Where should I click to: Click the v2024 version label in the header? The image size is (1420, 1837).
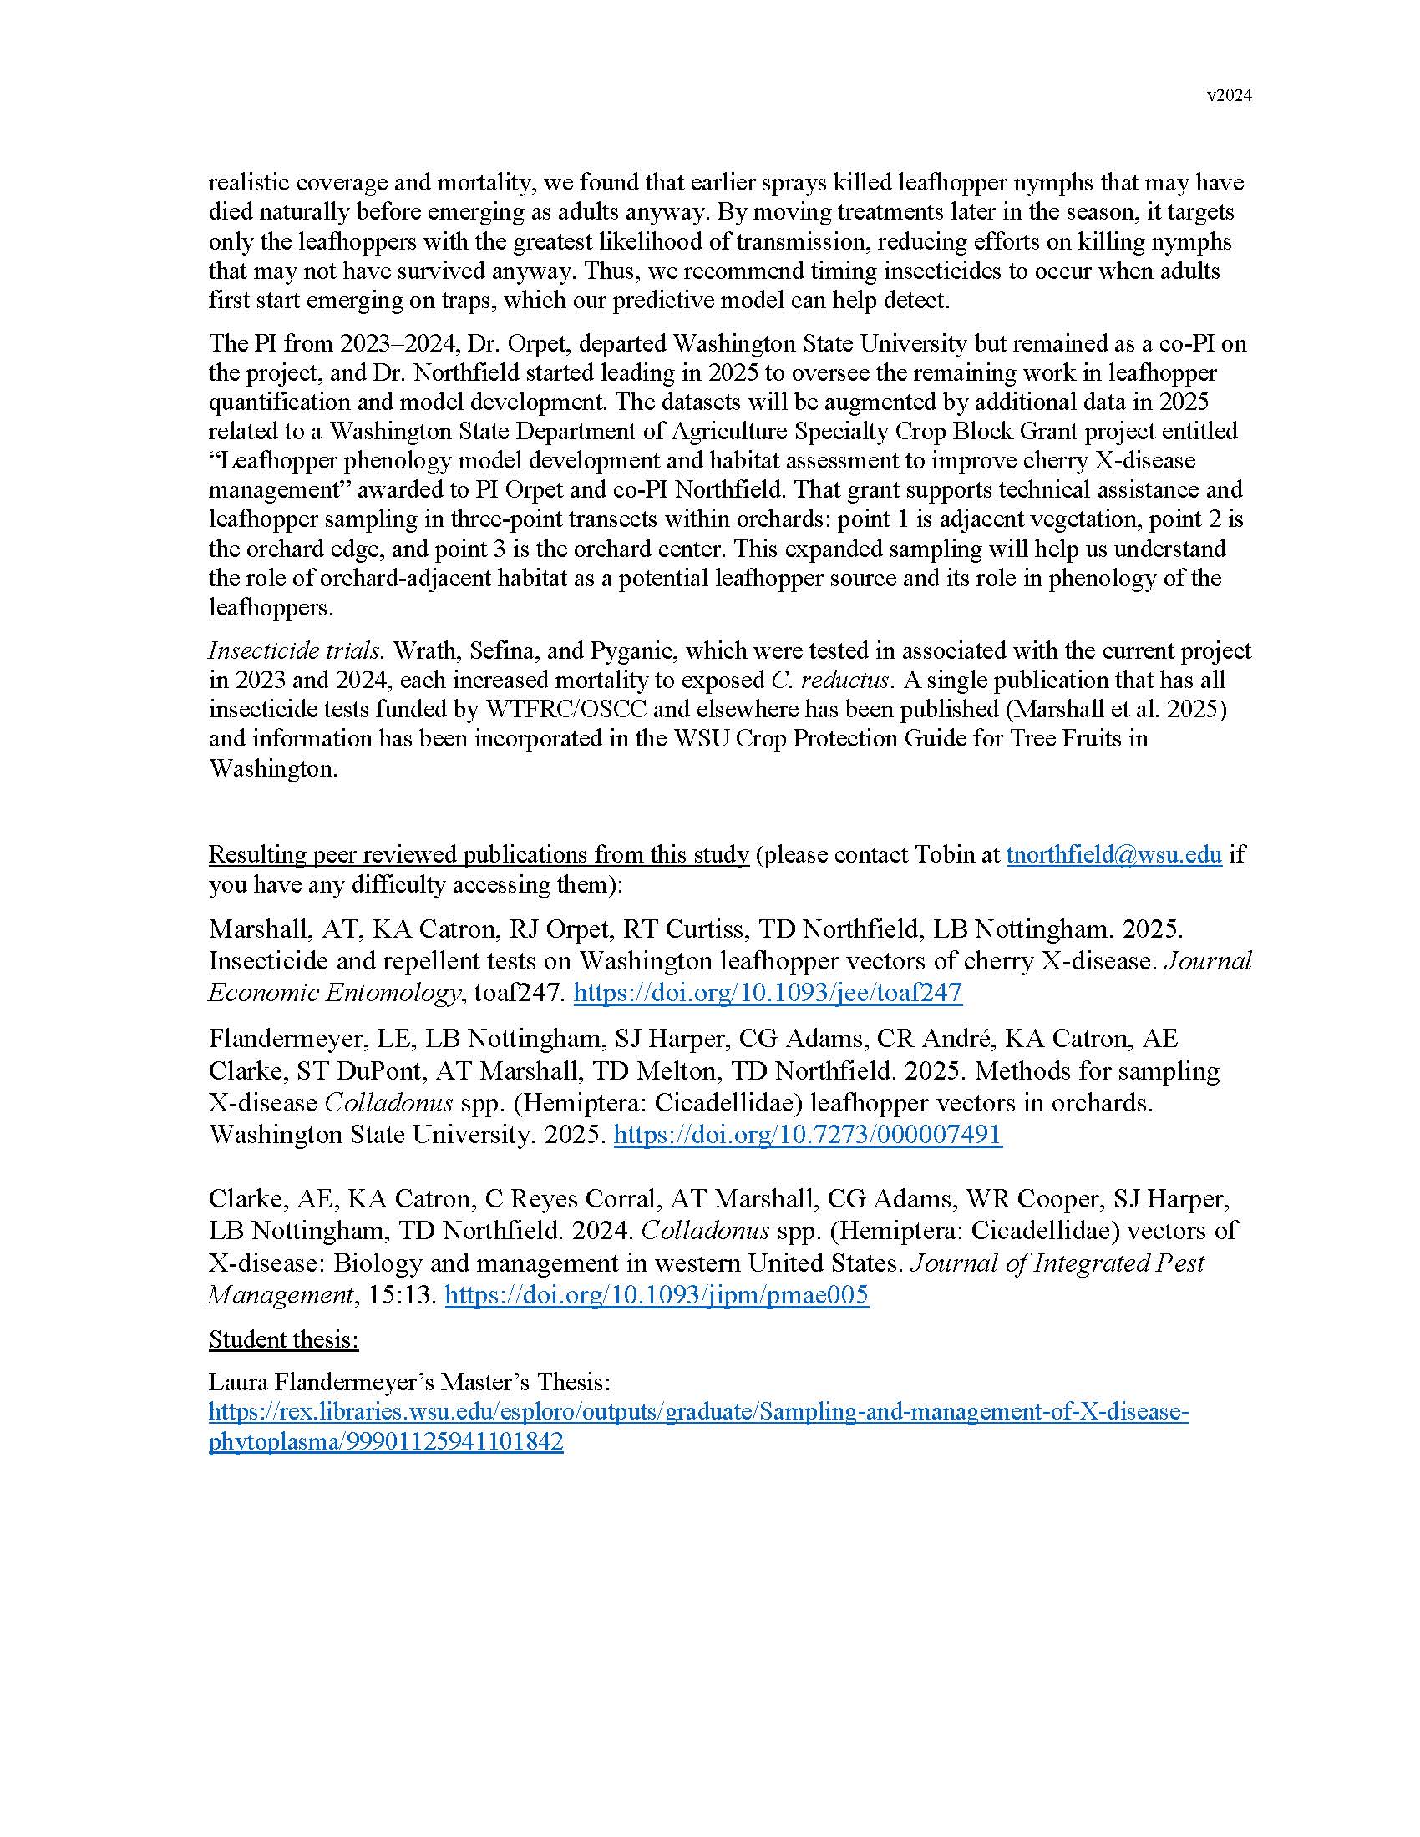1229,96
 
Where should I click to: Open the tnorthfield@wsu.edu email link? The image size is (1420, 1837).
1113,854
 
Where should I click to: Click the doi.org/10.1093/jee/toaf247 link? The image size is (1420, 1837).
767,993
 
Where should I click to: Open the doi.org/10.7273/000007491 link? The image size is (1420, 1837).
808,1135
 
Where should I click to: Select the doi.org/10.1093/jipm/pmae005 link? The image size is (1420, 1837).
657,1294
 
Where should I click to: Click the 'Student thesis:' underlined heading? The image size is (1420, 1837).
283,1339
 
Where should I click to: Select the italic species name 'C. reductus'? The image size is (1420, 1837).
830,680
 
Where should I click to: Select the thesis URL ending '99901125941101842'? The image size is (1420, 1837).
385,1443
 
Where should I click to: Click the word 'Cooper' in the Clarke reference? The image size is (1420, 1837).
1052,1198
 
